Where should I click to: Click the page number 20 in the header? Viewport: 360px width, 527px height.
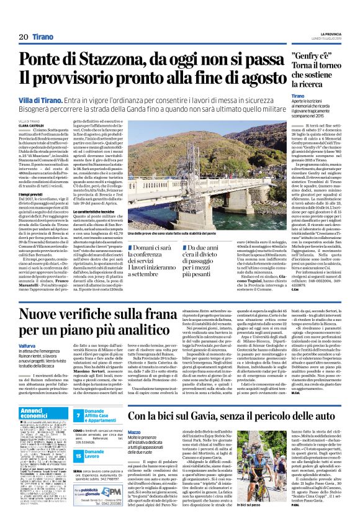tap(24, 37)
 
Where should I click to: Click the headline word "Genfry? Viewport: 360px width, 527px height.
tap(308, 56)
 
